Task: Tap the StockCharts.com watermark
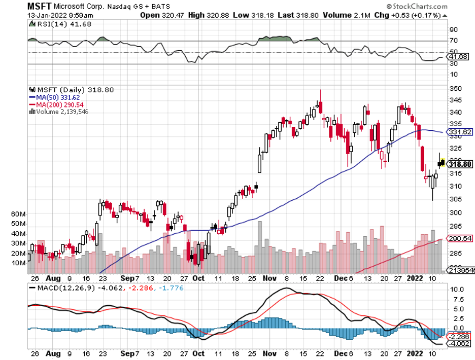coord(418,7)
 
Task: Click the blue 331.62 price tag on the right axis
coord(460,132)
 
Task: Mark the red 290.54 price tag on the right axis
coord(460,238)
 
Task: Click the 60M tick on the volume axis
coord(19,214)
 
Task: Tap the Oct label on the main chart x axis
coord(198,278)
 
